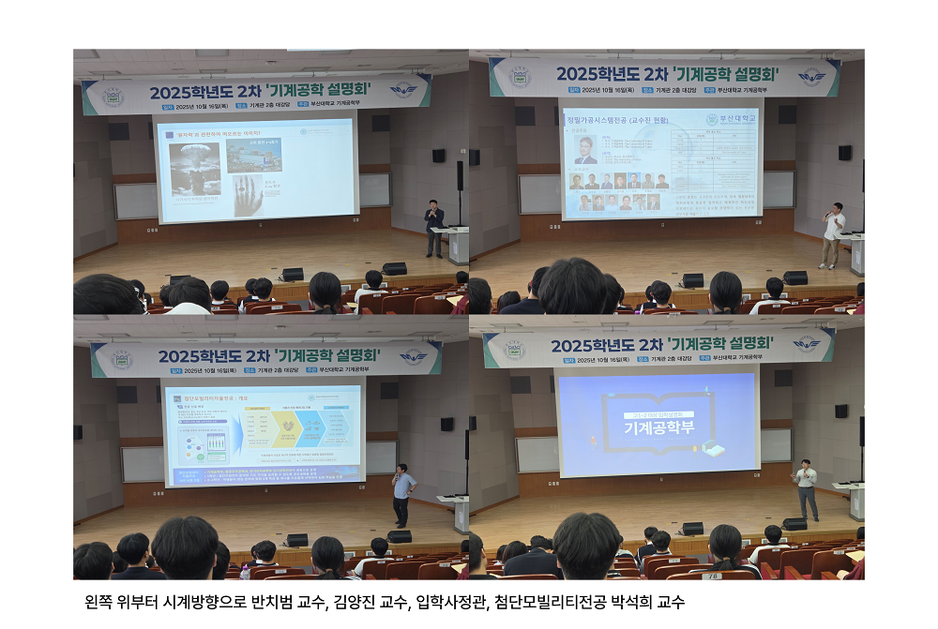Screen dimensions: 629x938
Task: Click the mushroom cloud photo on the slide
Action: point(193,167)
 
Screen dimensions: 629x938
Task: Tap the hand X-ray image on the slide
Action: point(248,195)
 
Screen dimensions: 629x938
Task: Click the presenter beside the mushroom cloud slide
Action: point(433,228)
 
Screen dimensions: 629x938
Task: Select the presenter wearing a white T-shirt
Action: point(832,235)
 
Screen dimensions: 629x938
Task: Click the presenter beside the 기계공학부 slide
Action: point(805,488)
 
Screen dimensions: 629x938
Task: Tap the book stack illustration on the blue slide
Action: point(714,449)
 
